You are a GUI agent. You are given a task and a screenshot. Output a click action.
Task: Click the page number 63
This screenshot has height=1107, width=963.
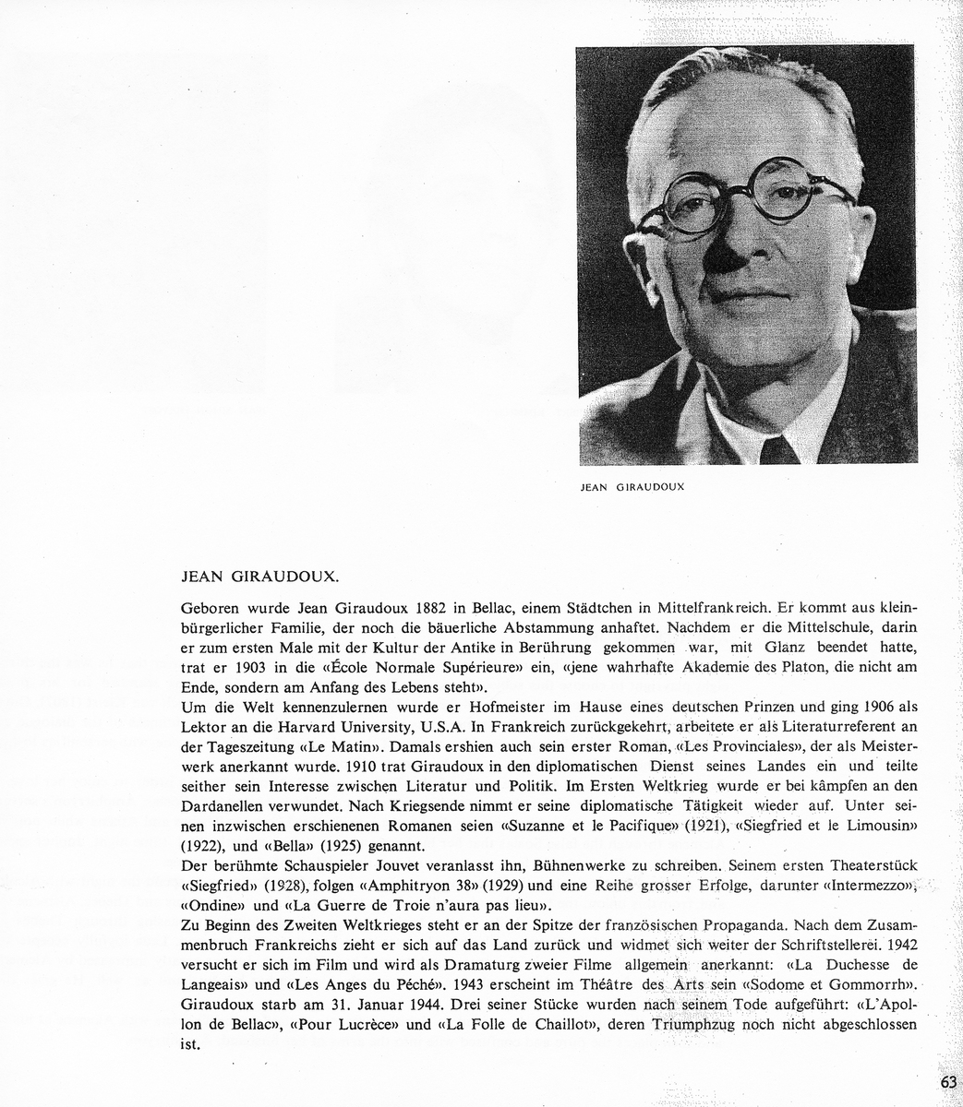coord(948,1082)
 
